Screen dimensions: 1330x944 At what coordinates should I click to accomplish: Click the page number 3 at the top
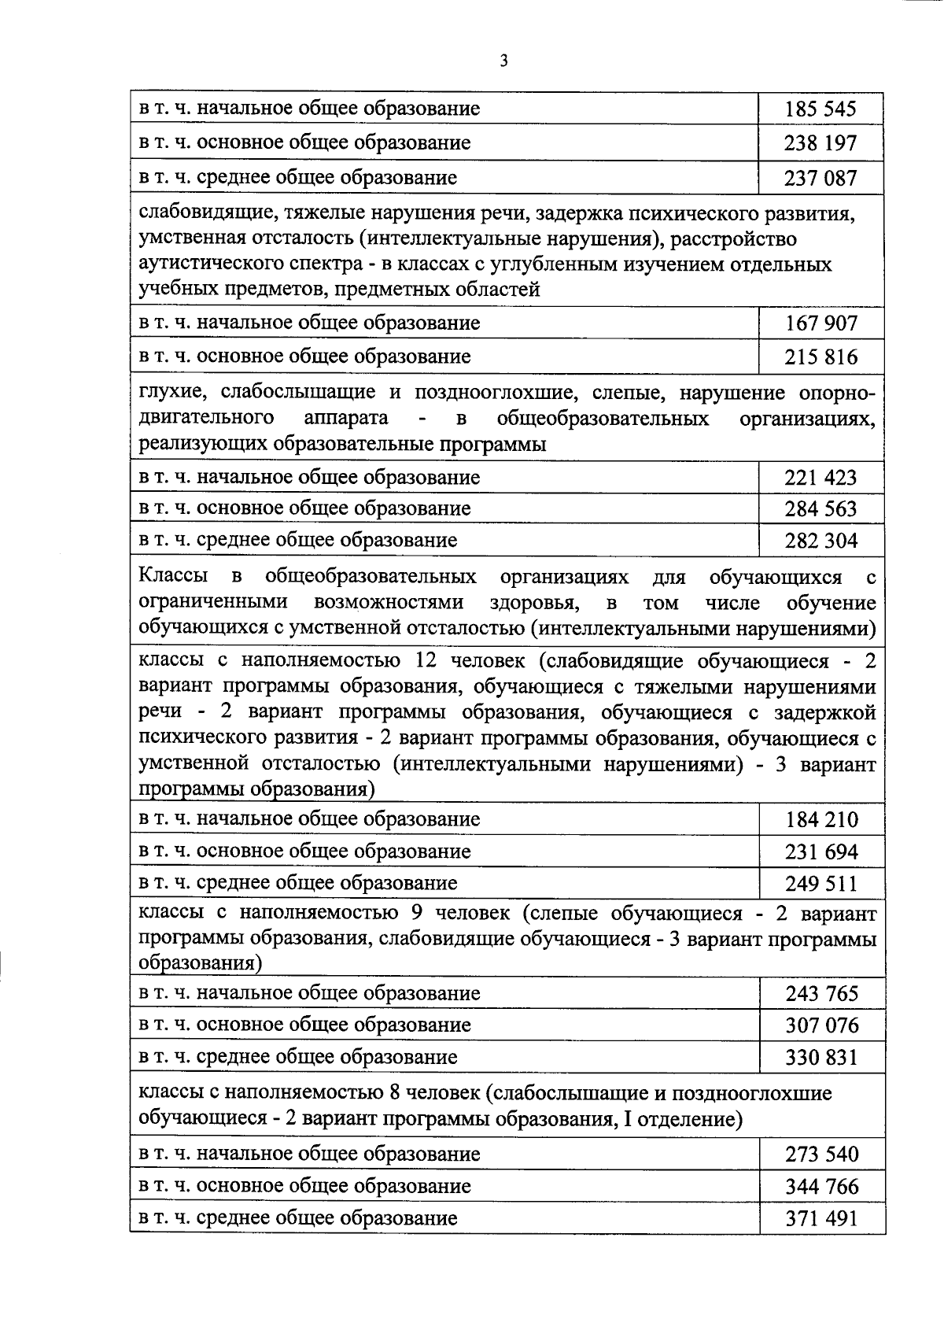tap(503, 61)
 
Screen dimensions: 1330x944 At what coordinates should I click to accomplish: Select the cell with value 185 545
tap(820, 109)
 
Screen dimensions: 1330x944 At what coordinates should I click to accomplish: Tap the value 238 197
tap(820, 143)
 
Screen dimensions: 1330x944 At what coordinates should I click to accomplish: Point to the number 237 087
tap(820, 178)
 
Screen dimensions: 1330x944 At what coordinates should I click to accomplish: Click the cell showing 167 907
tap(820, 323)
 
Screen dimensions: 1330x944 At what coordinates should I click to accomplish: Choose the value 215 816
tap(820, 357)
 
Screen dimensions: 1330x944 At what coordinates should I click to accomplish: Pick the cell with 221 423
tap(820, 478)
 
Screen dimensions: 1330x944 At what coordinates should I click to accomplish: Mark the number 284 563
tap(820, 509)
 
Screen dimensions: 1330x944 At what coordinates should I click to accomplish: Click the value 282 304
tap(820, 541)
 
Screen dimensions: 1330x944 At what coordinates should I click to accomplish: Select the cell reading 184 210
tap(821, 820)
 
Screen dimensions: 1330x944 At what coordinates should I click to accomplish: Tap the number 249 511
tap(821, 884)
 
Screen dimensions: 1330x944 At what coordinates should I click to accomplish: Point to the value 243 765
tap(821, 994)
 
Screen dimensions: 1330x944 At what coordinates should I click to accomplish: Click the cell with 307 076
tap(821, 1025)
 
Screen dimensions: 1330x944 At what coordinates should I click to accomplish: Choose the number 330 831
tap(821, 1057)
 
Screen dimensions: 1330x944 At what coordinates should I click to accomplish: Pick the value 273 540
tap(821, 1155)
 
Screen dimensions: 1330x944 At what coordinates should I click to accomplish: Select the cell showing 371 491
tap(821, 1219)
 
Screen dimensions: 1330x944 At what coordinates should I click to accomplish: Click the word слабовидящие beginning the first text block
tap(204, 212)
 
